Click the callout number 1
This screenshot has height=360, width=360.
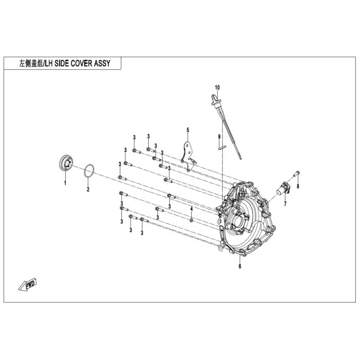(65, 183)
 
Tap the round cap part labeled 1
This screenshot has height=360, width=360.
(66, 163)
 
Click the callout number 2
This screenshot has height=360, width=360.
(88, 189)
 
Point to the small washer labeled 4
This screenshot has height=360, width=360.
(191, 221)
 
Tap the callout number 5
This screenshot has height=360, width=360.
(188, 130)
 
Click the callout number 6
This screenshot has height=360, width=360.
(240, 266)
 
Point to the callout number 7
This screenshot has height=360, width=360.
(285, 204)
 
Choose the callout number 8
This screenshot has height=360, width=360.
(298, 186)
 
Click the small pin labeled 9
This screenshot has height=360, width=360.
(222, 148)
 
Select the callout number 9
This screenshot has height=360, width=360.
(219, 137)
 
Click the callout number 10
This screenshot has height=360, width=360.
(217, 87)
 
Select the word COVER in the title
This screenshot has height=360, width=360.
(81, 63)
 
